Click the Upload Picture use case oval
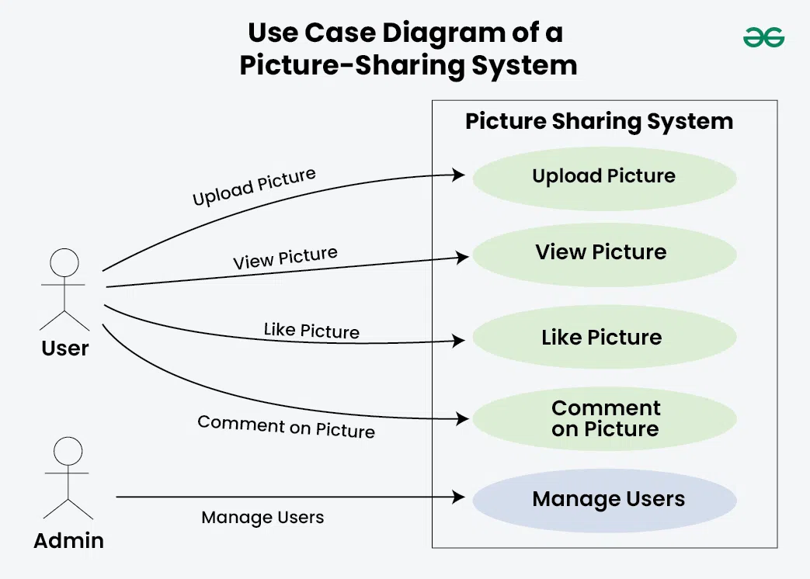603,176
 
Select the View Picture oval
603,252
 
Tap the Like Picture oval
603,338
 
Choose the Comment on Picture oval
604,419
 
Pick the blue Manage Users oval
604,499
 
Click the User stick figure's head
64,263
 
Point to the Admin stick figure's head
68,451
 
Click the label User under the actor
65,348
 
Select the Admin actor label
68,540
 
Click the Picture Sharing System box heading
599,121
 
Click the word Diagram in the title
424,33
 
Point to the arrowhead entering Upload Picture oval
459,175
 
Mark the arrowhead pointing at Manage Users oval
459,496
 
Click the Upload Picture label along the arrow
254,187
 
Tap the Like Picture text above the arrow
311,331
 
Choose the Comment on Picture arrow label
286,427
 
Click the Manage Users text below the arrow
262,518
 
